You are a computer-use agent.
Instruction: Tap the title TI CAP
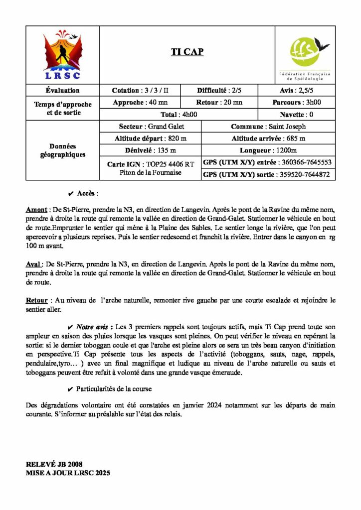(x=187, y=52)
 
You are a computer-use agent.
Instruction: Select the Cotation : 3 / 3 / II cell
(x=140, y=91)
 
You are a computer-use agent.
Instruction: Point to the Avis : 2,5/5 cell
(x=297, y=91)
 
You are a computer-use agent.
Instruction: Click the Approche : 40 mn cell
(x=140, y=103)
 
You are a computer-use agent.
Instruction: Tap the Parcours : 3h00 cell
(x=297, y=103)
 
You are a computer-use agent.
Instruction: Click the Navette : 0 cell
(x=297, y=115)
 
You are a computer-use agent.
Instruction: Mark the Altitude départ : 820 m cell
(x=150, y=138)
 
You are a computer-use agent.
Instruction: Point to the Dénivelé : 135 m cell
(x=150, y=150)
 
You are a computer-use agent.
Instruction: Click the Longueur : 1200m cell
(x=268, y=150)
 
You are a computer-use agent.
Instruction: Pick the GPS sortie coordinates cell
(x=268, y=174)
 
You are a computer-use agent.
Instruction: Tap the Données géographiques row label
(x=63, y=150)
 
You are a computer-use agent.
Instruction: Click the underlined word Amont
(x=35, y=211)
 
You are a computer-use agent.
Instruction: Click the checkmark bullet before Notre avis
(x=70, y=327)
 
